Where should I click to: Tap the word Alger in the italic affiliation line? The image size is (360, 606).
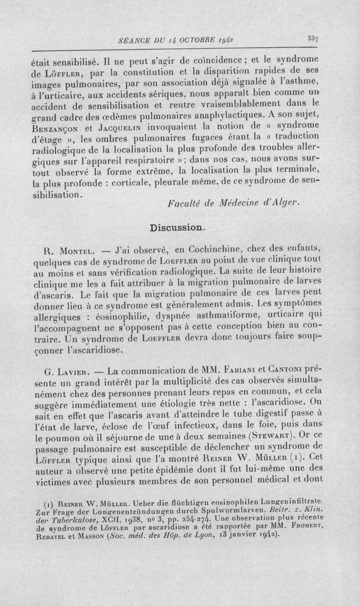(284, 202)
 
